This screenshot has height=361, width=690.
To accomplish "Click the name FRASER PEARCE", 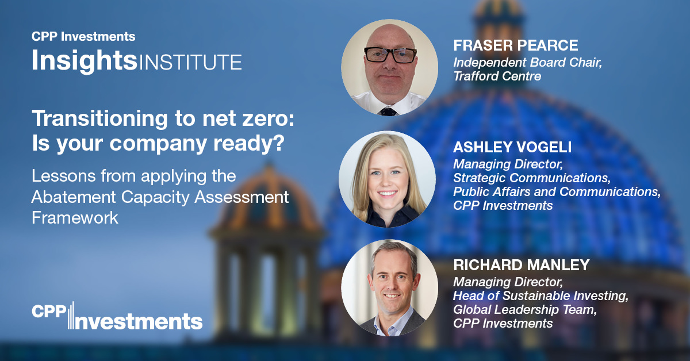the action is [x=516, y=45].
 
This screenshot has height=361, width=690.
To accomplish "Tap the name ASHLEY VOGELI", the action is [x=512, y=147].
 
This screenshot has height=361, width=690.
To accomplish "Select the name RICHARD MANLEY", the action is [x=521, y=265].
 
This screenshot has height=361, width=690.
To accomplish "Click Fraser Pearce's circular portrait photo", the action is [x=389, y=67].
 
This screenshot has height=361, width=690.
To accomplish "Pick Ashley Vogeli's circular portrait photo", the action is [x=387, y=179].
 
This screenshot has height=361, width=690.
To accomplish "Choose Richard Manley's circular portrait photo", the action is [x=389, y=287].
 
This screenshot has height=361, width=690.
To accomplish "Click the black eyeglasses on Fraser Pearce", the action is [x=390, y=55].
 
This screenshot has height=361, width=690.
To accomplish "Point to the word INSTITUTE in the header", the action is [x=190, y=62].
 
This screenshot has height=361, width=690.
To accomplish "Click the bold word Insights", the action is [x=85, y=60].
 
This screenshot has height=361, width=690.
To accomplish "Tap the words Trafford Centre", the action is [x=497, y=76].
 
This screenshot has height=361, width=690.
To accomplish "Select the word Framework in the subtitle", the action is [x=75, y=218].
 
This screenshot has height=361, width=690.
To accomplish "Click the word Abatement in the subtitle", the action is [x=74, y=197].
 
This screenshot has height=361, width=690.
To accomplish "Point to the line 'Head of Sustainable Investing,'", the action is [x=540, y=296].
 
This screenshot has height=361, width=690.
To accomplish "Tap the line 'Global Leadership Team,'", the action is [x=525, y=310].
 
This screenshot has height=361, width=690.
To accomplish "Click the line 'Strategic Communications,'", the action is [x=532, y=178].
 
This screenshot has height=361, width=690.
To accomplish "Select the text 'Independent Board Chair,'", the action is [x=527, y=63].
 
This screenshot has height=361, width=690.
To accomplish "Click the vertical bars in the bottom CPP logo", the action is [x=71, y=315].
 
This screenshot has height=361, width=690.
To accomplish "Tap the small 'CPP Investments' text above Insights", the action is [x=83, y=37].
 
